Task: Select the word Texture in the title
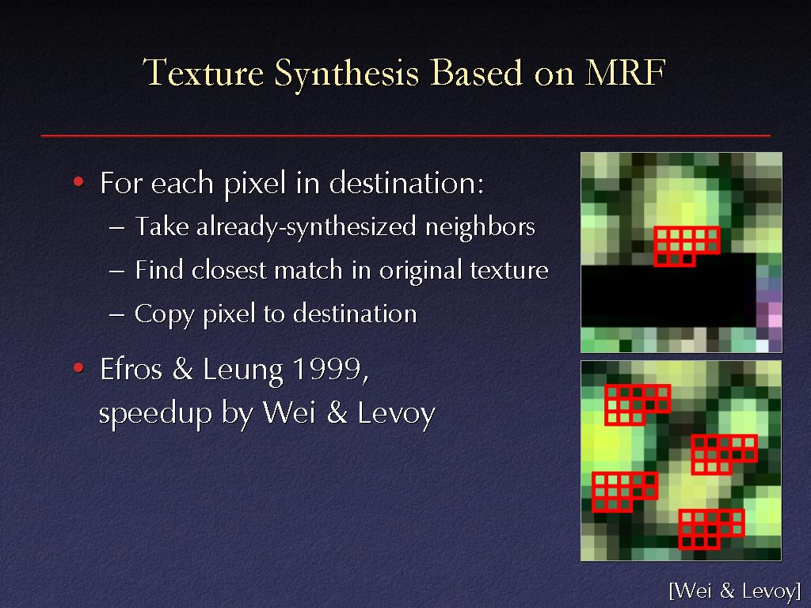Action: coord(204,72)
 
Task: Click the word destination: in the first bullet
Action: coord(406,183)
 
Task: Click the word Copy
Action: coord(165,315)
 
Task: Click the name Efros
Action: coord(131,369)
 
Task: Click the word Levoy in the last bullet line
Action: coord(397,415)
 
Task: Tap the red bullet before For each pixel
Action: coord(78,181)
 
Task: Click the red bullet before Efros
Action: coord(78,367)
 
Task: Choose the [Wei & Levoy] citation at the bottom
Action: coord(735,591)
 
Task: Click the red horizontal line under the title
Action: coord(405,135)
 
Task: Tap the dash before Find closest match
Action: coord(117,271)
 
